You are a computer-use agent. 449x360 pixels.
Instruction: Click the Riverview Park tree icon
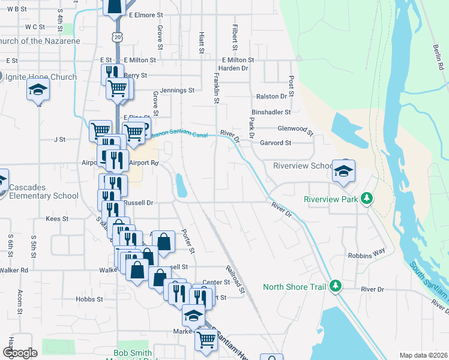coord(366,199)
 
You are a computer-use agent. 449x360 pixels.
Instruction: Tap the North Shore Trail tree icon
coord(337,286)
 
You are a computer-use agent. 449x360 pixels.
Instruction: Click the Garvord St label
coord(276,143)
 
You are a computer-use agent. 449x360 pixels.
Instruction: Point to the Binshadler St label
coord(271,112)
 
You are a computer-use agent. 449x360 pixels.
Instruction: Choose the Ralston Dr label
coord(272,96)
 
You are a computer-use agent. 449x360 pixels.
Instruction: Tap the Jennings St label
coord(177,90)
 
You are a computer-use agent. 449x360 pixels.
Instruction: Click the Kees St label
coord(57,220)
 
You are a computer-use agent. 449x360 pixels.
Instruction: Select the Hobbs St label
coord(89,298)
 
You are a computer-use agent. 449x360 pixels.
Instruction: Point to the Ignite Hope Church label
coord(41,77)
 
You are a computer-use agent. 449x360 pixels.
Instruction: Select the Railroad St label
coord(235,280)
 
